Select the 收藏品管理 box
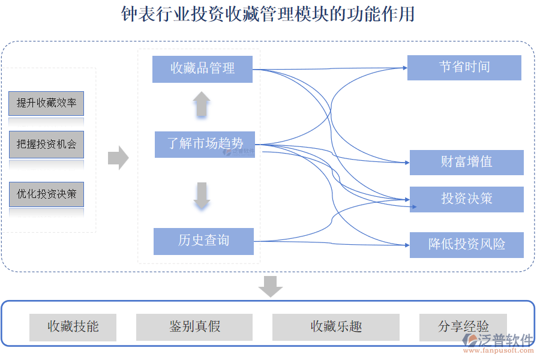(x=202, y=68)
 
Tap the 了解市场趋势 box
(x=205, y=144)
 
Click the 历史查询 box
(x=203, y=241)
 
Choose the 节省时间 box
(x=464, y=67)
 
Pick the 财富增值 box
(x=466, y=162)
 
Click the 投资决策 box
(x=466, y=199)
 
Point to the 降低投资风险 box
(x=466, y=245)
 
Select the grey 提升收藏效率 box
(x=46, y=103)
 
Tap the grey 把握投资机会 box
(x=46, y=145)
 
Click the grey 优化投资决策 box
(x=46, y=194)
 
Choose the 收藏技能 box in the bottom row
(x=73, y=327)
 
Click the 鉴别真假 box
(x=194, y=327)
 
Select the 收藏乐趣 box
(x=335, y=327)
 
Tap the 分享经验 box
(x=463, y=327)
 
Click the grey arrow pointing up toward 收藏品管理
(x=202, y=104)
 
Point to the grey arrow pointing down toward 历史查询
(x=202, y=196)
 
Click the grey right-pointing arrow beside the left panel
(x=118, y=158)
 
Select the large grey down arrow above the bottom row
(x=271, y=286)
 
